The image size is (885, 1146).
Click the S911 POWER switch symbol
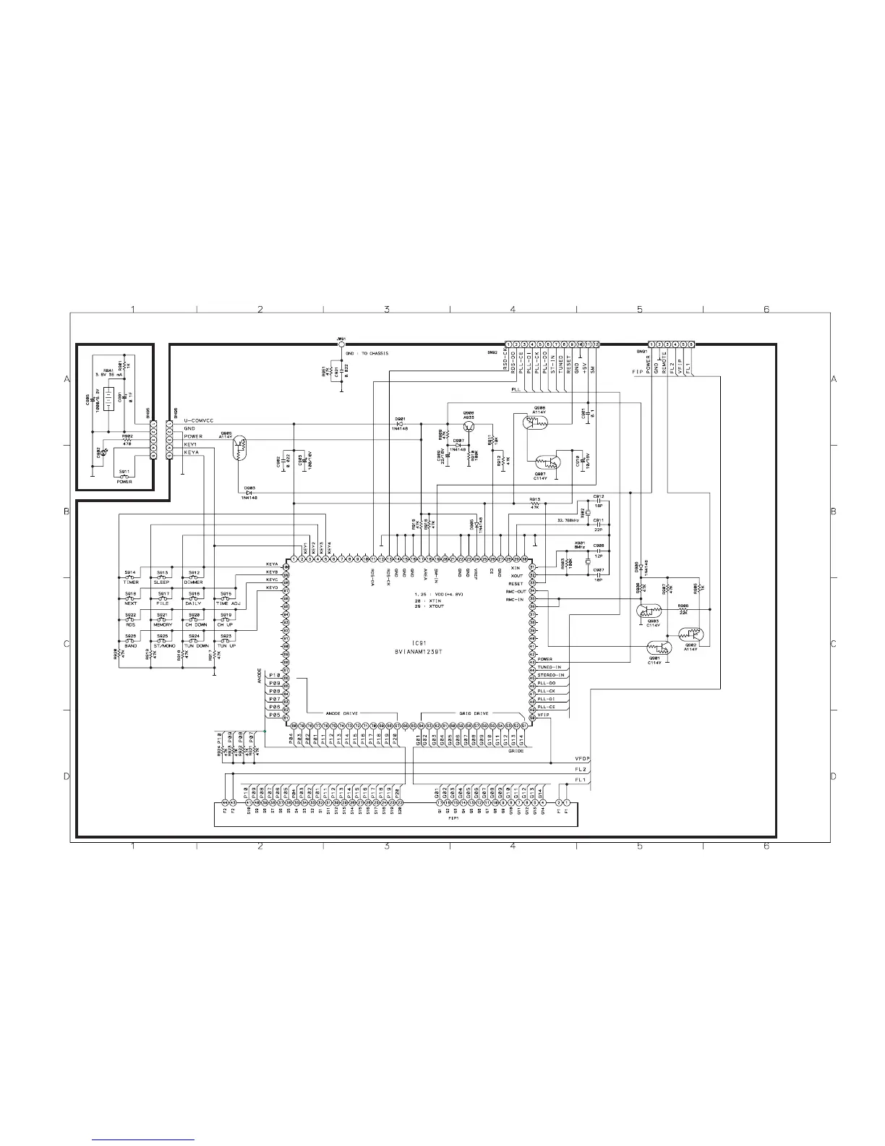[x=124, y=475]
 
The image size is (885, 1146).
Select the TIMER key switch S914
[x=130, y=577]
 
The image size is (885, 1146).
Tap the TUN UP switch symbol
[x=226, y=640]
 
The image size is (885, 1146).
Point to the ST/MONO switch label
[x=163, y=645]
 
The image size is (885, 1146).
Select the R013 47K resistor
[x=535, y=502]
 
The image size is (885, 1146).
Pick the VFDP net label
[x=583, y=757]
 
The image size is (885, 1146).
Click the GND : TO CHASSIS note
[x=367, y=353]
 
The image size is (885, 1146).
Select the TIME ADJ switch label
[x=226, y=603]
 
